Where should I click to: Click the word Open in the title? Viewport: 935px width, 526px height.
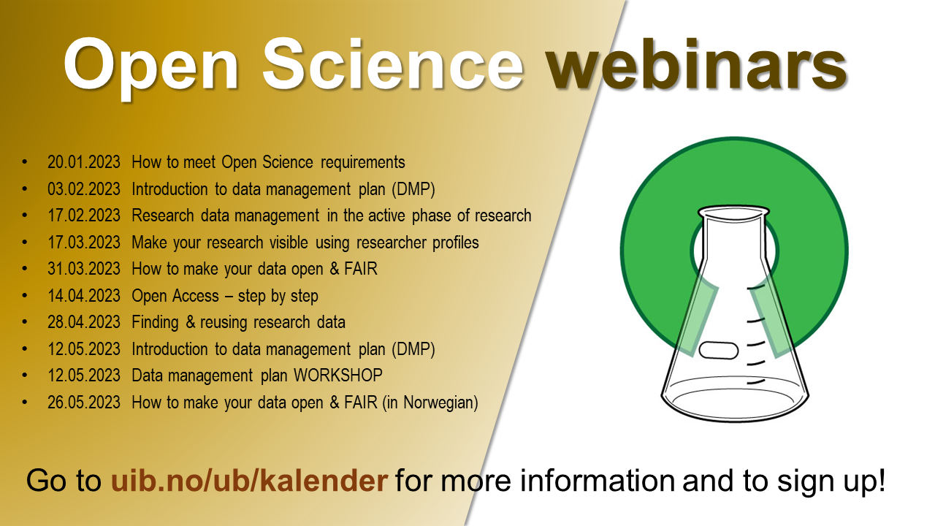tap(151, 66)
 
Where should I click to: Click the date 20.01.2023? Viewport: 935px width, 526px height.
tap(83, 162)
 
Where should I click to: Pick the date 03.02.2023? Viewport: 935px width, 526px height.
tap(83, 189)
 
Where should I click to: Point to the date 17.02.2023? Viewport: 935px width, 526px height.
tap(83, 216)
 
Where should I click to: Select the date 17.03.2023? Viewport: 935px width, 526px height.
tap(83, 243)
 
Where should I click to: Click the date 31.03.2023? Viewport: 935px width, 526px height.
tap(83, 269)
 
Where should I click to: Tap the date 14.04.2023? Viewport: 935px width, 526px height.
tap(83, 296)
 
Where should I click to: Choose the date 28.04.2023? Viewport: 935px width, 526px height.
tap(83, 322)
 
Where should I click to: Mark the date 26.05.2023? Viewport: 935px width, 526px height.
tap(83, 403)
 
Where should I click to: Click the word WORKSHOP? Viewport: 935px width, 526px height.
tap(338, 376)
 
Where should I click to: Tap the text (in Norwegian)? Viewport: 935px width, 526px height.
tap(430, 403)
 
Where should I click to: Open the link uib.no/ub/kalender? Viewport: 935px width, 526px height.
tap(249, 481)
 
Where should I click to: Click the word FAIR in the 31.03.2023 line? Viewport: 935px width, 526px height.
tap(361, 269)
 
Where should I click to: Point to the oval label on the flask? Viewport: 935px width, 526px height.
tap(718, 350)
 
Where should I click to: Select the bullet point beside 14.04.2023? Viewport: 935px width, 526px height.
tap(25, 296)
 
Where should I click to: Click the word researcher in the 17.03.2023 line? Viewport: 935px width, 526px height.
tap(391, 243)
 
